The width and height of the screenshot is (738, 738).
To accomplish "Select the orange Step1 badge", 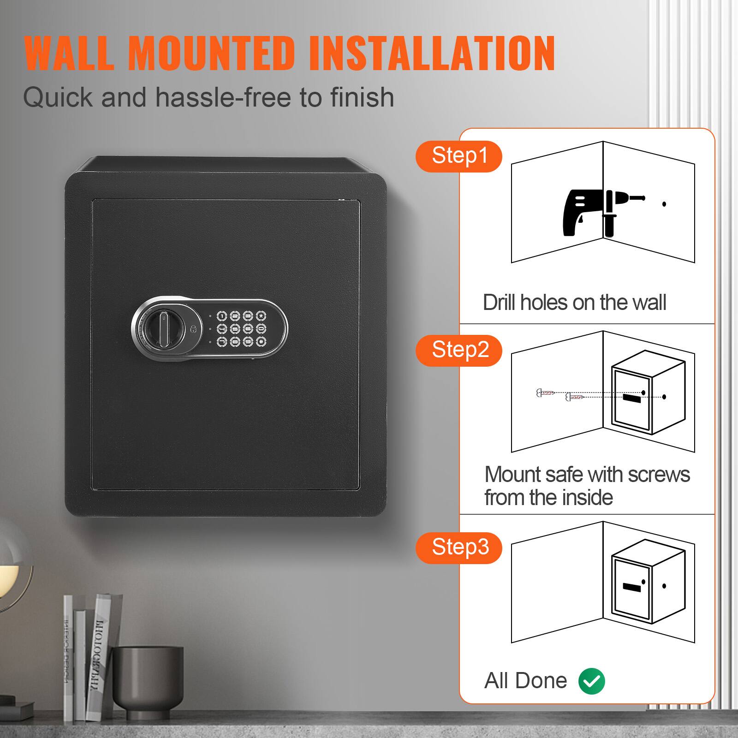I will pos(459,156).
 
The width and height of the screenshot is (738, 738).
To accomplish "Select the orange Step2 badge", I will pos(459,350).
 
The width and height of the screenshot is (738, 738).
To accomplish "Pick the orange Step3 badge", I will pos(459,548).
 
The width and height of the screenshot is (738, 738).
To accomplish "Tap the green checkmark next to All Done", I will pos(591,681).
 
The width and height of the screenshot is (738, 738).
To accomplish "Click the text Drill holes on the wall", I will pos(574,303).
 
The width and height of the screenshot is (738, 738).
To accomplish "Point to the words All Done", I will pos(525,681).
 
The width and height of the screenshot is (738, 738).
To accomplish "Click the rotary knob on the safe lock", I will pos(155,328).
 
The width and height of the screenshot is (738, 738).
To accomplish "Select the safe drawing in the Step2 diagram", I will pos(648,397).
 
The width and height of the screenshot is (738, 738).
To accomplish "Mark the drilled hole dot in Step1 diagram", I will pos(664,204).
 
